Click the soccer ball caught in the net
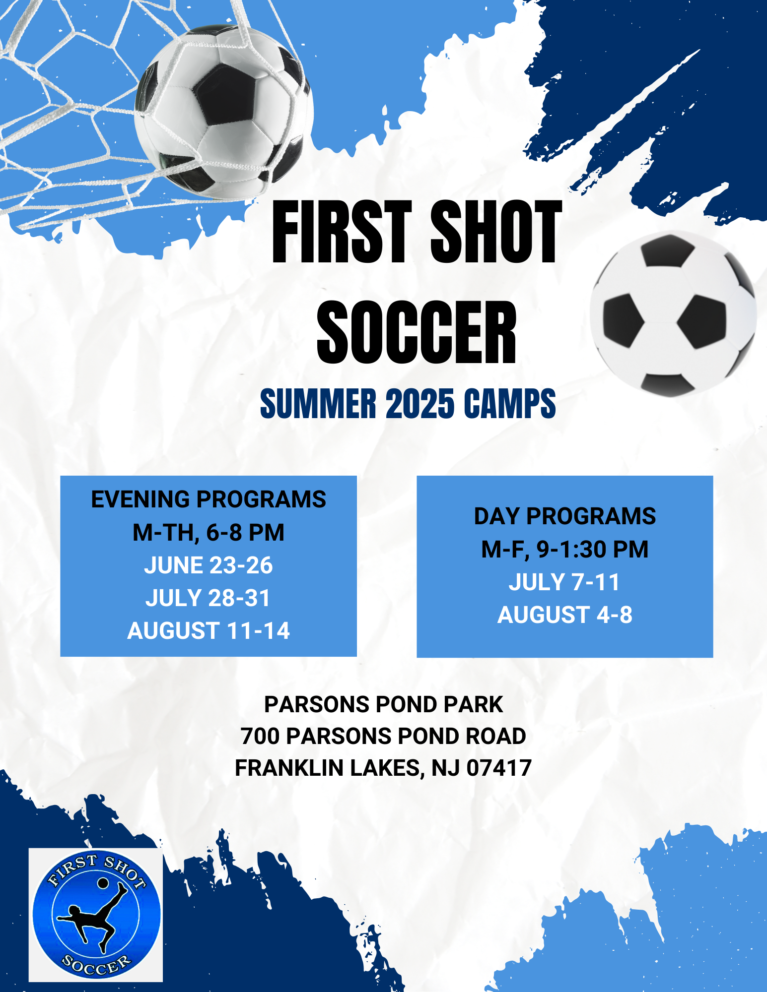223,112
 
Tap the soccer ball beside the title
673,314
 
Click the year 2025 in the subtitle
419,404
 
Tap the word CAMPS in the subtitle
509,404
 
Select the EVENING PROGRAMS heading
209,499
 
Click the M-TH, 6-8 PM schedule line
209,533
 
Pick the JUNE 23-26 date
209,565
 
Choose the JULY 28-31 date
209,598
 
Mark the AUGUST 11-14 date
209,631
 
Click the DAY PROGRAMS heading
565,516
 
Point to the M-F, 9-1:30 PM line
565,550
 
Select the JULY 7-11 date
565,582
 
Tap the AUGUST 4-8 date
565,615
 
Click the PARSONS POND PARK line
383,704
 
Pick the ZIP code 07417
499,768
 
